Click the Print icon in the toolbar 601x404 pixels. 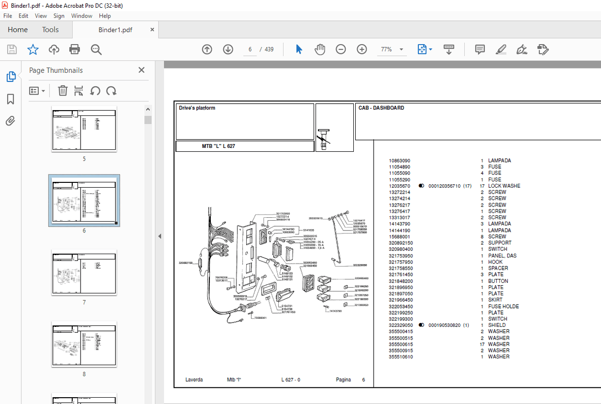point(75,49)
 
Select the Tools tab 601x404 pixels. point(50,30)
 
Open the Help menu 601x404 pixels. point(105,16)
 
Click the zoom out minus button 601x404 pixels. point(341,49)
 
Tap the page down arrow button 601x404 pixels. point(228,49)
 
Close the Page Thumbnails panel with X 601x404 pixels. point(142,70)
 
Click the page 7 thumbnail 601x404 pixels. point(84,272)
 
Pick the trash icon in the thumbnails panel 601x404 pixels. point(63,91)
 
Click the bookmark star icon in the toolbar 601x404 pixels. point(32,49)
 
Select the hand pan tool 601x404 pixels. point(320,49)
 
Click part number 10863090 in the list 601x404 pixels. point(399,161)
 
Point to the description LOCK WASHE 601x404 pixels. point(504,186)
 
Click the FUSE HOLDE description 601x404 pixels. point(503,307)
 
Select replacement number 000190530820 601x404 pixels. point(445,325)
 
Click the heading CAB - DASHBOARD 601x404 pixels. point(381,108)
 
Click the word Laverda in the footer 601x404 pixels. point(194,380)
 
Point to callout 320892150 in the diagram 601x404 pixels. point(186,263)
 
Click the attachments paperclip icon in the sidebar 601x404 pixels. point(10,121)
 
